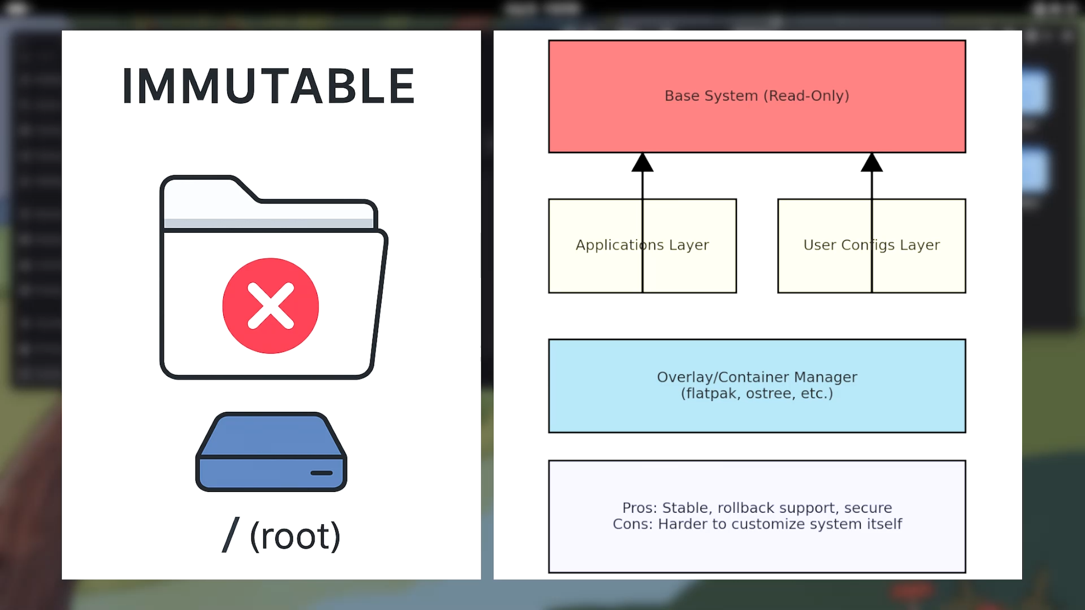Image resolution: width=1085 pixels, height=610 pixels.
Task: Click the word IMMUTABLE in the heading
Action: [269, 86]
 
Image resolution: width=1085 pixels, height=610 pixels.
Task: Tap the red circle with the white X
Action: [271, 306]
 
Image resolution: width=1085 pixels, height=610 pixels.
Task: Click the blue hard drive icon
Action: [271, 452]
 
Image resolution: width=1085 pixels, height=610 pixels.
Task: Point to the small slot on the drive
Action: [322, 473]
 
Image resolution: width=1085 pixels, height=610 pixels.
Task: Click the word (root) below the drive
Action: [295, 535]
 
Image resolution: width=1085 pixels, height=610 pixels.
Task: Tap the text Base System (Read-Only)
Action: [757, 96]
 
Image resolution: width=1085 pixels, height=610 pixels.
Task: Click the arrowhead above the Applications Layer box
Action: [643, 163]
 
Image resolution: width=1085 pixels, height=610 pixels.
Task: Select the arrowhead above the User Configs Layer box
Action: [872, 163]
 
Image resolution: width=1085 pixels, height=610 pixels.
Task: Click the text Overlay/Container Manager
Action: [757, 377]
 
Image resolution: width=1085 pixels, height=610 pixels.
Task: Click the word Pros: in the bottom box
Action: [640, 508]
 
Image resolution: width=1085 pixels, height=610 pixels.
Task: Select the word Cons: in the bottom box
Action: [632, 524]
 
